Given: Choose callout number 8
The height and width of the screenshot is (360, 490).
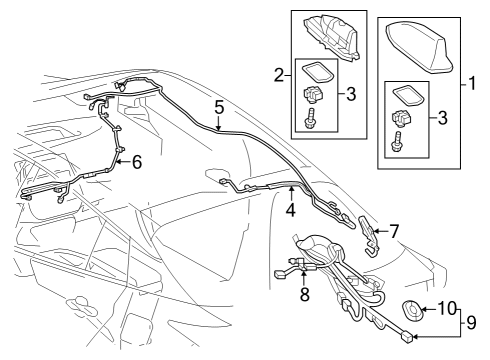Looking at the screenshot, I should tap(304, 295).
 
